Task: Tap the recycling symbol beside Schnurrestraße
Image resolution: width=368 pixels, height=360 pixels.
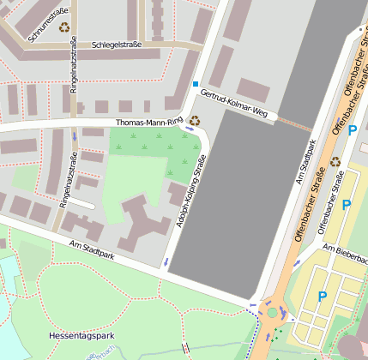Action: pyautogui.click(x=65, y=27)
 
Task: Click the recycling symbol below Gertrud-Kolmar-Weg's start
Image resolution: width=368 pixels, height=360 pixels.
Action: pyautogui.click(x=195, y=121)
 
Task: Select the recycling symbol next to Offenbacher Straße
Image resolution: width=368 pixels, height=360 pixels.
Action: pyautogui.click(x=335, y=160)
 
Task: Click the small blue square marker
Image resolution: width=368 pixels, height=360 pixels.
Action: pyautogui.click(x=196, y=84)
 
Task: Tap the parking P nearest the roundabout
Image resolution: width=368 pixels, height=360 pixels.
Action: pyautogui.click(x=323, y=297)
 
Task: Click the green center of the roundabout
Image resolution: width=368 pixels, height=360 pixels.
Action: pyautogui.click(x=274, y=312)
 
